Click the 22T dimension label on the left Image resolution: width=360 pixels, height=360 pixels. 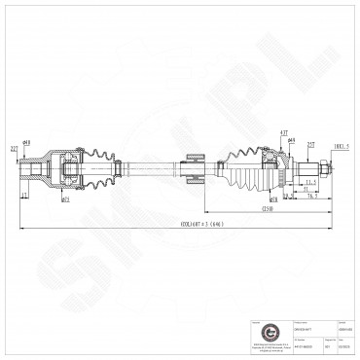pos(14,148)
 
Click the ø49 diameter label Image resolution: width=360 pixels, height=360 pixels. pos(292,142)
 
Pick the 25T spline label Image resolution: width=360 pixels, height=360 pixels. pos(311,146)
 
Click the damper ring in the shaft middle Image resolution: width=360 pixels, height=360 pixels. pos(192,176)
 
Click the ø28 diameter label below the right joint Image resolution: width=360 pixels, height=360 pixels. pos(275,198)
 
